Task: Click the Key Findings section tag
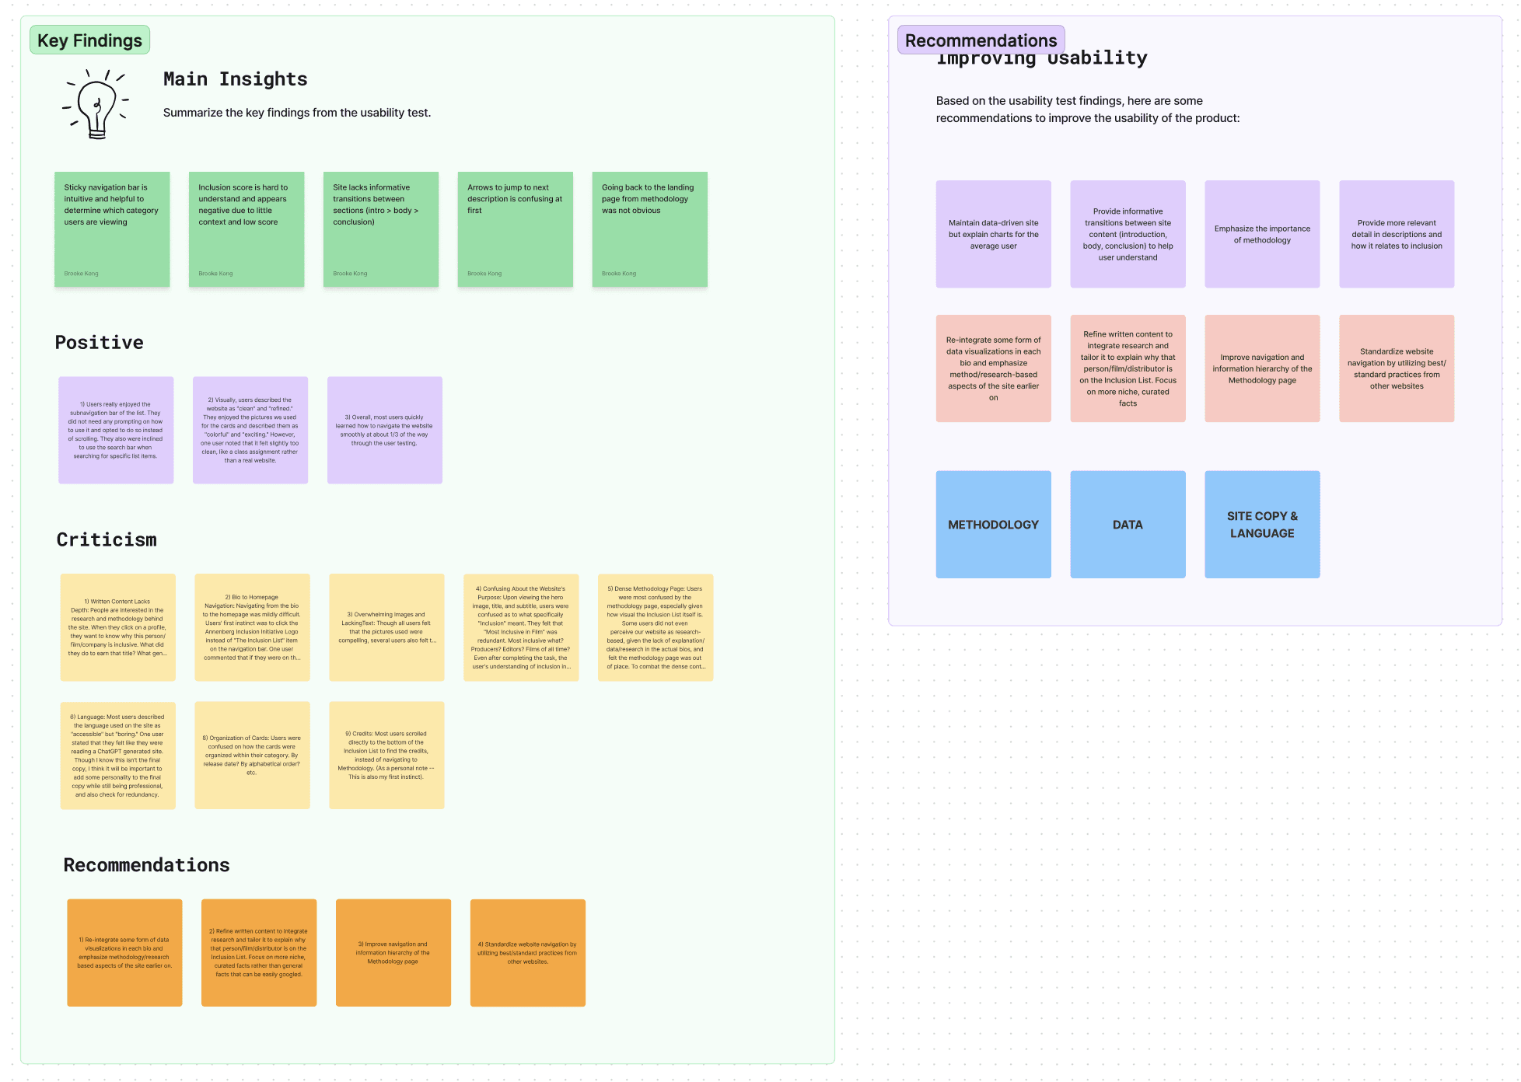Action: [x=89, y=40]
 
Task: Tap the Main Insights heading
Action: [x=235, y=79]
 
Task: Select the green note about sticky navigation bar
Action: [x=112, y=229]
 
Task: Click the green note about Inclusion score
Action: [x=247, y=229]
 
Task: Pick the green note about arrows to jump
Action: [x=515, y=229]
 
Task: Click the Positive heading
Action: [x=100, y=343]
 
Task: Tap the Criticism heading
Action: [x=107, y=540]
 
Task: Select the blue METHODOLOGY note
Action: [x=993, y=525]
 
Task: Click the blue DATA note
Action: [x=1128, y=525]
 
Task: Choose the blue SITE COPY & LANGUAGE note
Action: [x=1262, y=525]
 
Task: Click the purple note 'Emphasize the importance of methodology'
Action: [x=1262, y=234]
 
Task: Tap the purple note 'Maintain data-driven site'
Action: [x=993, y=234]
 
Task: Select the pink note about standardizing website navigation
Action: [x=1397, y=368]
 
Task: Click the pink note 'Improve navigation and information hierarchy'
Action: [x=1262, y=368]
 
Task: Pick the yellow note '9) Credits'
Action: [x=386, y=756]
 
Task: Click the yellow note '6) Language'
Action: [x=117, y=756]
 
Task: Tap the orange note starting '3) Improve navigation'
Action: [x=393, y=953]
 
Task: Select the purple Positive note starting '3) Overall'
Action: [x=385, y=430]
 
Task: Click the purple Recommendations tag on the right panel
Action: [x=981, y=40]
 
